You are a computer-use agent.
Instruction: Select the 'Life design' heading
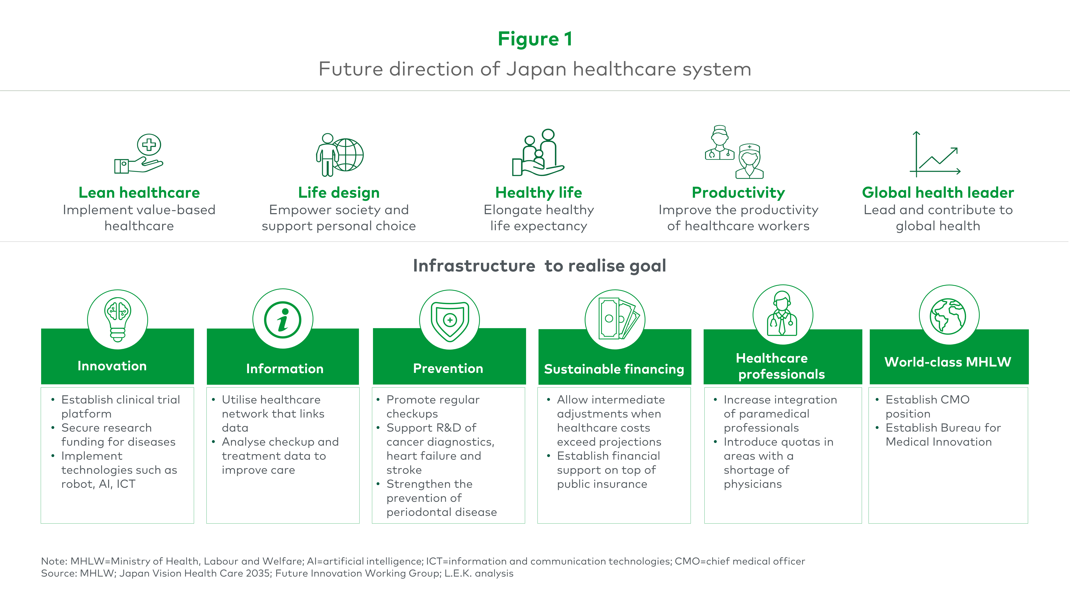tap(339, 193)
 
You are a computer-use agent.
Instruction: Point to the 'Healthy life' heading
tap(539, 193)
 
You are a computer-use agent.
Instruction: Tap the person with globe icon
tap(339, 155)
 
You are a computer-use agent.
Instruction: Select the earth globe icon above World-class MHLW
tap(948, 316)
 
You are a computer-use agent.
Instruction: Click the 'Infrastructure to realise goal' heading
tap(539, 266)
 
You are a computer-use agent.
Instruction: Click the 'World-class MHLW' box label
tap(948, 362)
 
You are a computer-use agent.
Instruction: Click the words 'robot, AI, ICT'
tap(99, 484)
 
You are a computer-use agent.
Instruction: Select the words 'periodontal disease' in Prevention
tap(442, 512)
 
